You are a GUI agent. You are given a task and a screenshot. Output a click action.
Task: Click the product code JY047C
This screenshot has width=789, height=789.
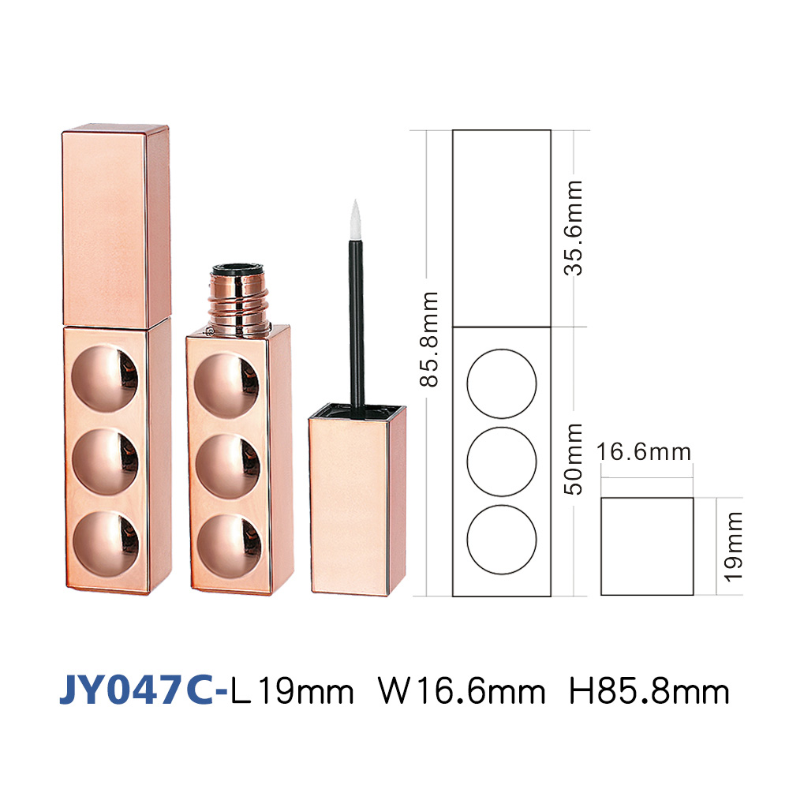(x=136, y=691)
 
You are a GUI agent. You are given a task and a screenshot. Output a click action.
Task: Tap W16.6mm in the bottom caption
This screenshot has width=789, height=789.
(x=462, y=692)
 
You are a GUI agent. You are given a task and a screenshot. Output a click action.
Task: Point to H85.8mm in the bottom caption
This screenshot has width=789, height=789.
(x=649, y=692)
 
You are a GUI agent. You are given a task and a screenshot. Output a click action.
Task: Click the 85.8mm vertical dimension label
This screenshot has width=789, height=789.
(x=428, y=338)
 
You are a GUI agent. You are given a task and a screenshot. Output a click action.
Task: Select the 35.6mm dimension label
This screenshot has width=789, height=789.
(x=573, y=228)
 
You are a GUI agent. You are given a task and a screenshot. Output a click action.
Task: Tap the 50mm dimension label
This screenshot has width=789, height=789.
(x=573, y=459)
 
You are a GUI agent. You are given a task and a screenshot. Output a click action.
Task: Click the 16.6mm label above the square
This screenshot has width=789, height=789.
(x=644, y=452)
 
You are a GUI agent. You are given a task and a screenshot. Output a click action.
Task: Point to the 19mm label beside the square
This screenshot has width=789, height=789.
(x=733, y=547)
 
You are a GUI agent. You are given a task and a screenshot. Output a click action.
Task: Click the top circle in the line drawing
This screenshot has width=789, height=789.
(x=502, y=350)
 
